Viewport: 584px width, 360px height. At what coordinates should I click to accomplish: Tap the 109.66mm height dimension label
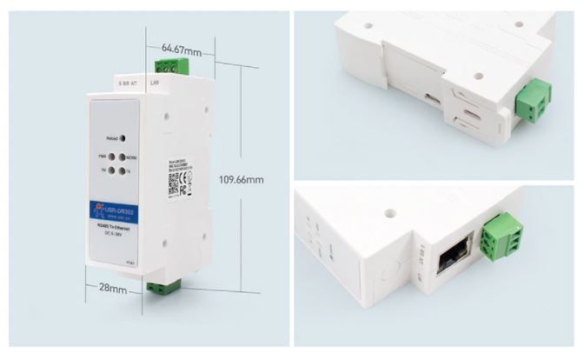click(242, 180)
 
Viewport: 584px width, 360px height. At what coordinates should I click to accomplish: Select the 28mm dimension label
click(113, 288)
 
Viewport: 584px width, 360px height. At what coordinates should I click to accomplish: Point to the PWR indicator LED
click(112, 158)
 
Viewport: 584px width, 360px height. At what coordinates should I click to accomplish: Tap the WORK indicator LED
click(123, 158)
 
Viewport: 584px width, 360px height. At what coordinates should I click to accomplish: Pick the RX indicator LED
click(112, 171)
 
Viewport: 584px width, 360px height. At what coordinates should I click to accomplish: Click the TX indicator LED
click(123, 171)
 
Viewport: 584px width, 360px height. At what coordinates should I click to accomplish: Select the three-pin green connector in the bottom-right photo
click(501, 240)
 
